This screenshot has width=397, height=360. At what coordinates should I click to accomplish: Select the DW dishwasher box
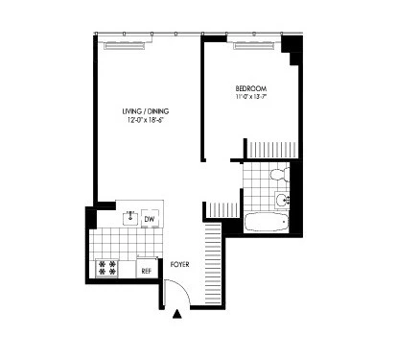click(150, 220)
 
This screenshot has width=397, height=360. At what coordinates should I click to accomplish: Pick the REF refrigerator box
click(147, 270)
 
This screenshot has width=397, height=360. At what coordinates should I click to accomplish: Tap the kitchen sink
click(128, 216)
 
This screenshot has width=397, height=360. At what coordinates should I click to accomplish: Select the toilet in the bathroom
click(277, 174)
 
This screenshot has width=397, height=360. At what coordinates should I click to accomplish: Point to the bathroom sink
click(280, 201)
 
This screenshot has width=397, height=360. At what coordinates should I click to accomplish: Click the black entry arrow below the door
click(177, 313)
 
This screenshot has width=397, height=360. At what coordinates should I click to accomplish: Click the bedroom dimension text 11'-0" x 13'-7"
click(253, 96)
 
